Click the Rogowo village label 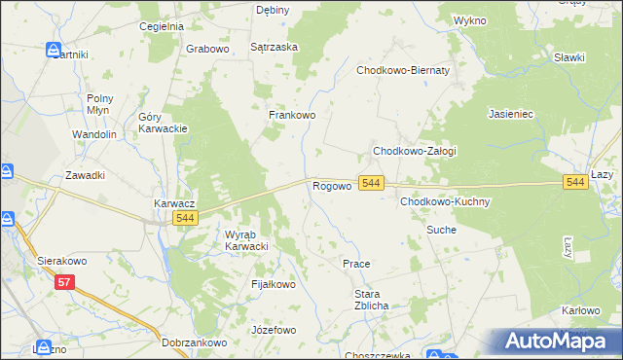pos(331,185)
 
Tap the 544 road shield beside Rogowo pos(371,183)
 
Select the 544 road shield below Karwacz pos(187,219)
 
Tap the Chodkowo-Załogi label pos(415,152)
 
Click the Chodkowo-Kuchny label pos(445,201)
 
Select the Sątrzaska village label pos(275,46)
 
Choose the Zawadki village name pos(85,175)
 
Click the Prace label pos(356,264)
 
